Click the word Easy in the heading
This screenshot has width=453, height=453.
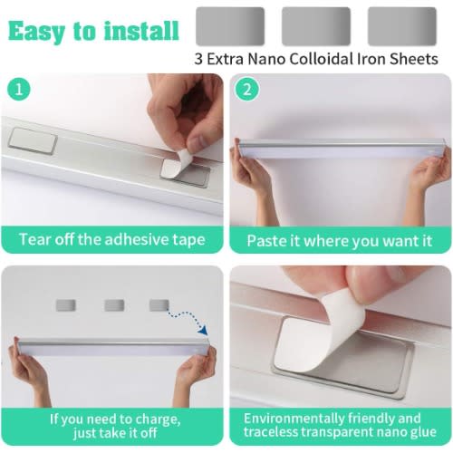[36, 32]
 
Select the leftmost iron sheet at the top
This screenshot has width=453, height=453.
[230, 26]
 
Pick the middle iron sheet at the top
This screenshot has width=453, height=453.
[316, 26]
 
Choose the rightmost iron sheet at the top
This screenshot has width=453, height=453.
[402, 26]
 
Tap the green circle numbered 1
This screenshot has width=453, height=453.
[19, 90]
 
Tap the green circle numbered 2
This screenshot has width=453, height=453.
[247, 90]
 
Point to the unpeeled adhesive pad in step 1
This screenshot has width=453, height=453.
[33, 141]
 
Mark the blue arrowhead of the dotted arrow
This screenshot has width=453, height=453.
[203, 330]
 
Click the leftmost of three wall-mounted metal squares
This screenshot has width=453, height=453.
[66, 305]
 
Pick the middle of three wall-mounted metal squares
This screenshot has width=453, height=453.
[114, 305]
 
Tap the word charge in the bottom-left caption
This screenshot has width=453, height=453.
[158, 419]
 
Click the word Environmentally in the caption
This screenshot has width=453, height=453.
[294, 419]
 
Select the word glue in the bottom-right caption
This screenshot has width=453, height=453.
[423, 432]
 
